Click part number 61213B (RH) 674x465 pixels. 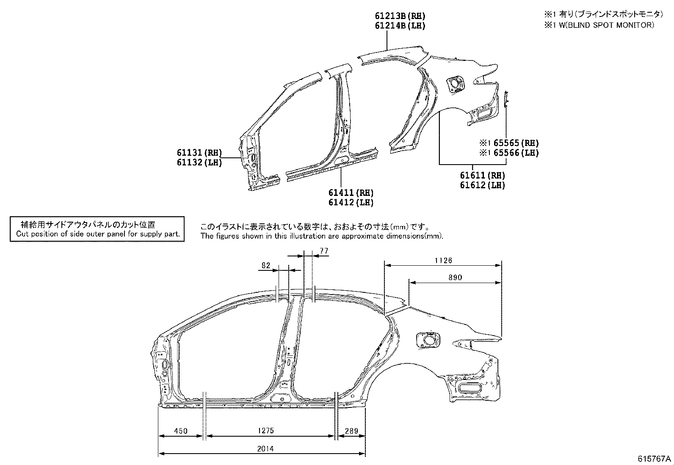coord(400,16)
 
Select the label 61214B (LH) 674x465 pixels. coord(400,26)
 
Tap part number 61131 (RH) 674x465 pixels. coord(199,153)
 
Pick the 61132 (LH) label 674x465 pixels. coord(199,162)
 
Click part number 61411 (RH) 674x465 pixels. coord(351,193)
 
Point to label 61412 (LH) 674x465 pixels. coord(351,203)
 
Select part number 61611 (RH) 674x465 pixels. coord(483,175)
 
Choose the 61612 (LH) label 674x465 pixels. coord(483,185)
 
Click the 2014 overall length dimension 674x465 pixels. coord(265,448)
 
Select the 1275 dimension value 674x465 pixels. coord(265,431)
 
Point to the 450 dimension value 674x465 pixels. coord(181,431)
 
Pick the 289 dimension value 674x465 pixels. coord(351,431)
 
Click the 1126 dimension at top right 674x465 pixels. coord(443,261)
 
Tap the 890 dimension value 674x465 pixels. coord(455,278)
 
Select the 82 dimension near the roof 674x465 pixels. coord(266,265)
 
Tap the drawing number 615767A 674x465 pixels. coord(655,459)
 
